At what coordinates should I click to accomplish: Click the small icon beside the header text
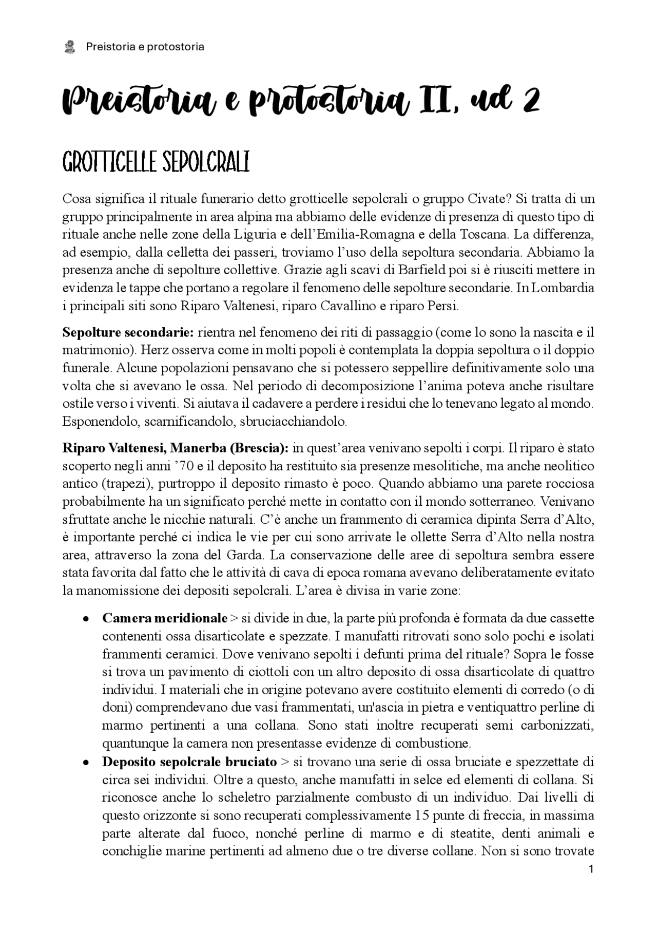click(x=69, y=47)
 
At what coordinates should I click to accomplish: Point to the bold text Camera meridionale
click(x=164, y=618)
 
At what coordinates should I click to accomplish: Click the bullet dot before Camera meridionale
click(x=87, y=619)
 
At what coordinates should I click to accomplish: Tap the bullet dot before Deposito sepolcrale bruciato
click(x=87, y=762)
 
